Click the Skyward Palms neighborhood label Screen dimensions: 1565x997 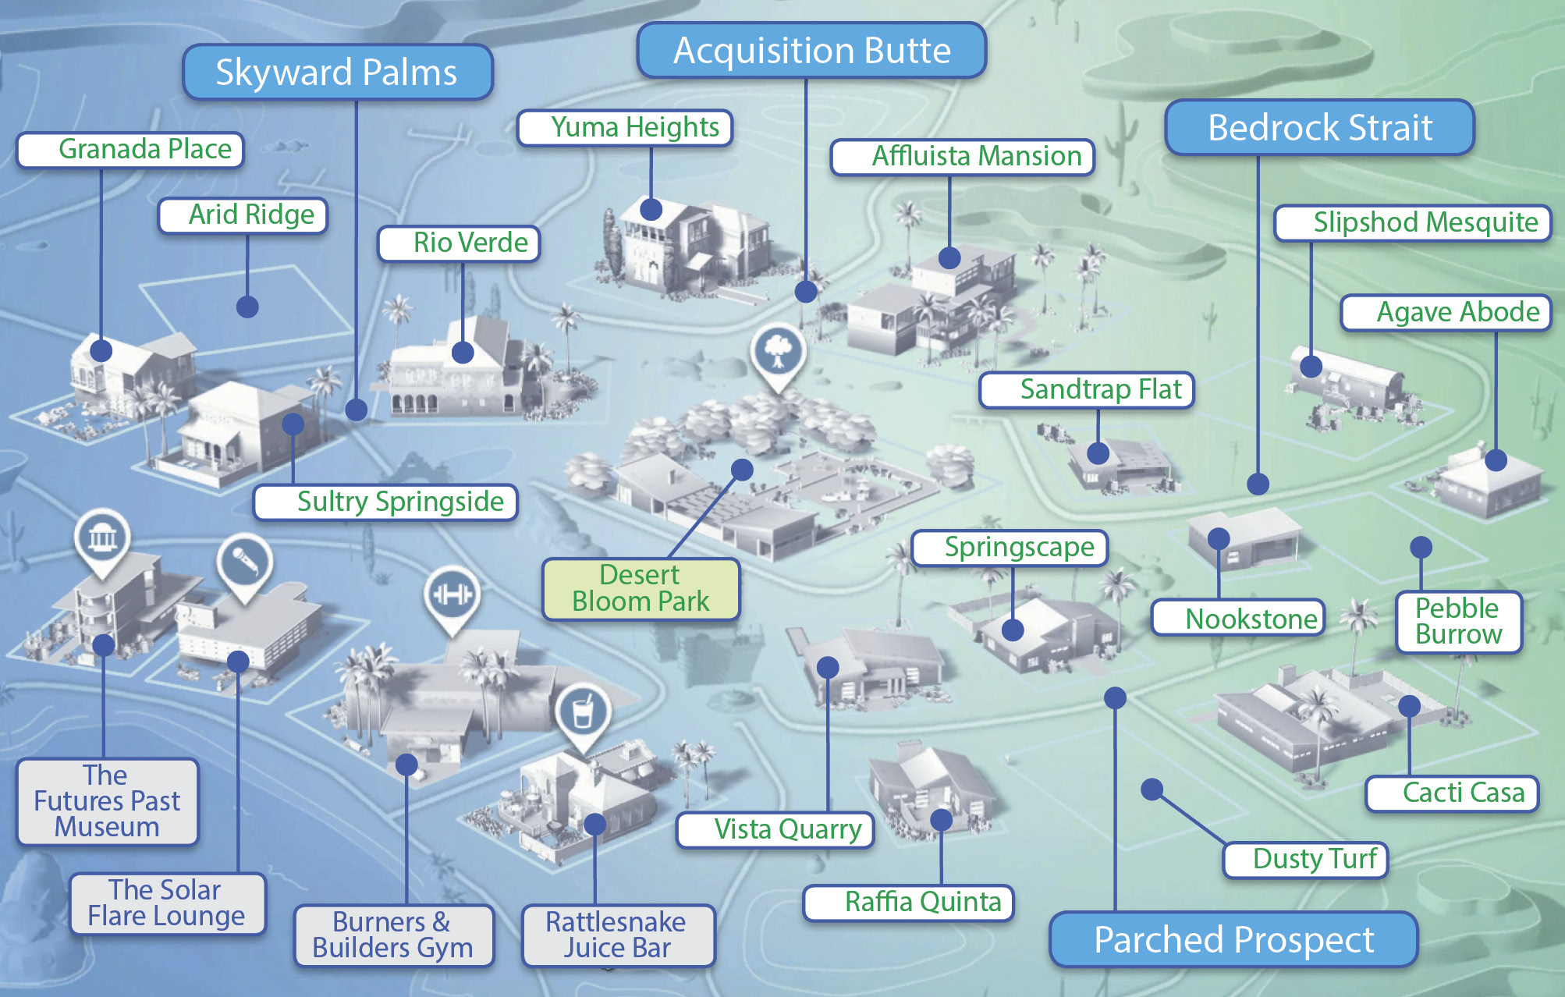pos(338,72)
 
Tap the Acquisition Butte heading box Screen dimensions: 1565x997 pos(811,50)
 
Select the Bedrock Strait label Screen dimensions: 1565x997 pos(1319,127)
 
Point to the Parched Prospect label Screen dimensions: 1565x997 pos(1233,939)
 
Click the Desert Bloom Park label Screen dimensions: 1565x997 pos(641,589)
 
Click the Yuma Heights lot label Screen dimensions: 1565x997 pos(625,127)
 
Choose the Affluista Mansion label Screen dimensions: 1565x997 pos(963,157)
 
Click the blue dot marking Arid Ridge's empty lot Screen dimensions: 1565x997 pos(247,307)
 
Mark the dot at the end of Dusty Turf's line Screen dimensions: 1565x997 pos(1152,789)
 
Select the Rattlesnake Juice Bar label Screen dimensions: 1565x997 pos(618,935)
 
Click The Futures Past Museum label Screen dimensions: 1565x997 pos(108,802)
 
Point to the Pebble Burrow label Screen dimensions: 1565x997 pos(1458,622)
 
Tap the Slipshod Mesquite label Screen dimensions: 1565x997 pos(1413,223)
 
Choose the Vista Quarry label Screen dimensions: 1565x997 pos(775,829)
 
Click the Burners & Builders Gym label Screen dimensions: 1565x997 pos(394,935)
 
